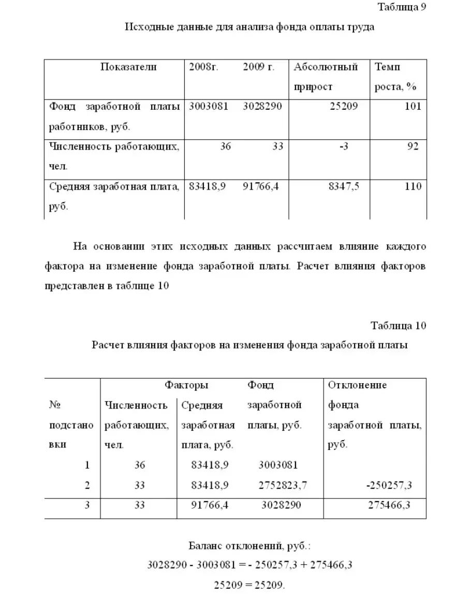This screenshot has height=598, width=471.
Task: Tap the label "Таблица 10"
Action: click(399, 326)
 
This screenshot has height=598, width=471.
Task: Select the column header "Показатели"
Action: click(128, 67)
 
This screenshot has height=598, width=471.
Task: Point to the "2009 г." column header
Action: click(258, 67)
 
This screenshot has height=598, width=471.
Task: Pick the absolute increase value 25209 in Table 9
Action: click(343, 107)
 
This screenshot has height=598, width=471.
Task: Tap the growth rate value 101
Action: click(414, 107)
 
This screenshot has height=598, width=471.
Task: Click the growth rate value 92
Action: click(413, 147)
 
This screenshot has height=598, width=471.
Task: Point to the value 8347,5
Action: click(344, 186)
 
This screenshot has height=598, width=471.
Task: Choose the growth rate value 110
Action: click(413, 186)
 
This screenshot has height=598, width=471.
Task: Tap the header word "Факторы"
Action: click(186, 385)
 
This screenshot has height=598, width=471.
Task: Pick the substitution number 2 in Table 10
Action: click(87, 485)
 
